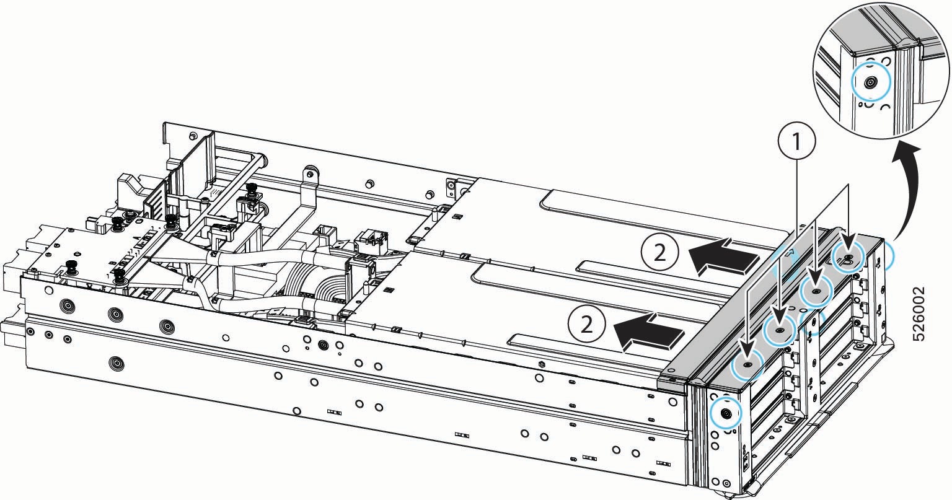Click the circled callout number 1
click(x=796, y=142)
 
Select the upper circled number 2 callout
click(x=659, y=253)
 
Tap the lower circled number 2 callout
click(x=587, y=325)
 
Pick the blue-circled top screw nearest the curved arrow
click(x=848, y=258)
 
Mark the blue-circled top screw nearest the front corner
click(x=747, y=364)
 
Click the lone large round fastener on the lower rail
click(x=116, y=364)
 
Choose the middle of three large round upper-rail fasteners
click(x=116, y=314)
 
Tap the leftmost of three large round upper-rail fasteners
click(x=68, y=305)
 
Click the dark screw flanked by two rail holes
click(x=324, y=344)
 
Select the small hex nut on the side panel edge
click(x=541, y=364)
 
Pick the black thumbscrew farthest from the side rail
click(x=252, y=187)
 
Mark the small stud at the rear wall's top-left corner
click(x=193, y=135)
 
